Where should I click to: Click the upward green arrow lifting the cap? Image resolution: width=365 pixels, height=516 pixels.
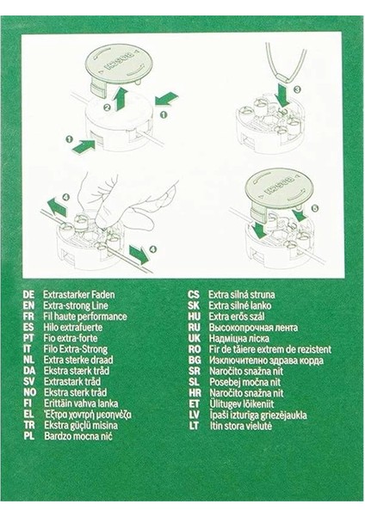(121, 96)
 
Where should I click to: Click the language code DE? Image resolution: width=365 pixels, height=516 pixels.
(28, 294)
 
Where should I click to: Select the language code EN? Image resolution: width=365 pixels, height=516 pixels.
(28, 305)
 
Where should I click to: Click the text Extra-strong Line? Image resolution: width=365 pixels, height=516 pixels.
(78, 305)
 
